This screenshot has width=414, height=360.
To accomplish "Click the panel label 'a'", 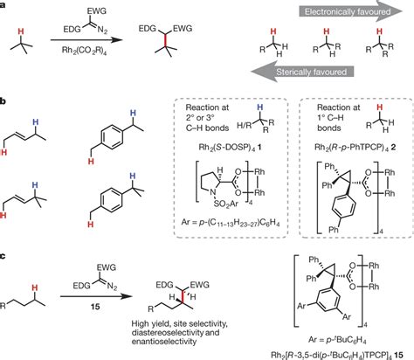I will tap(5, 7).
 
